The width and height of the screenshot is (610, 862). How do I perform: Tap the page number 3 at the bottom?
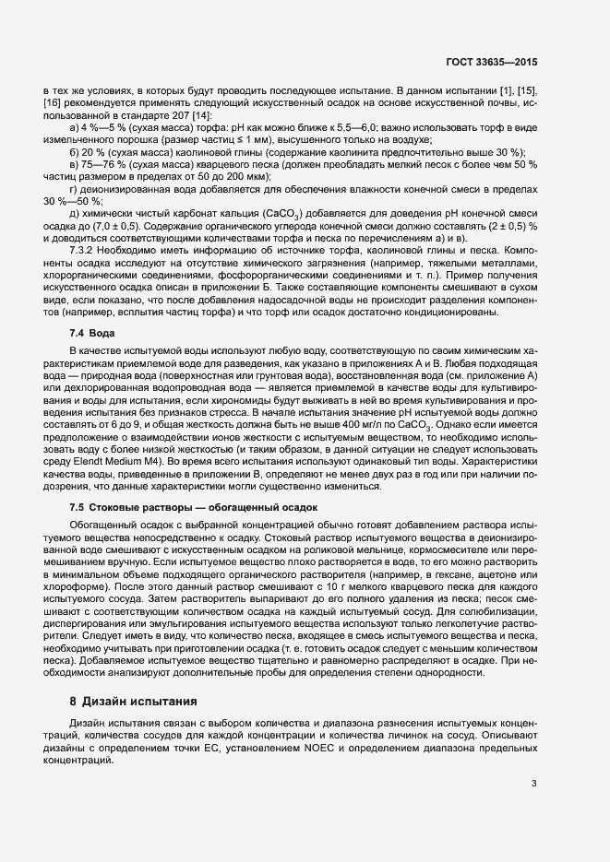pyautogui.click(x=533, y=785)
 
